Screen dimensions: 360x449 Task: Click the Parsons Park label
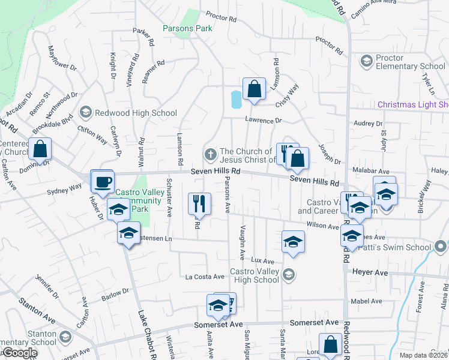coord(187,28)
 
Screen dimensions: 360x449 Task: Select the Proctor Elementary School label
coord(411,62)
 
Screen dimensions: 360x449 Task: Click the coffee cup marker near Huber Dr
coord(103,182)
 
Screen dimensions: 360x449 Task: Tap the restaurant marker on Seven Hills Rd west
coord(199,204)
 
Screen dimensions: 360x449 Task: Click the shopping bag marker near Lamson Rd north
coord(254,89)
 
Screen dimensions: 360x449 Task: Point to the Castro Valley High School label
coord(255,276)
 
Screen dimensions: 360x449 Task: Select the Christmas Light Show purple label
coord(413,105)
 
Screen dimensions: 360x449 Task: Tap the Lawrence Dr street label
coord(263,121)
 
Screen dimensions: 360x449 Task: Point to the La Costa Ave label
coord(204,277)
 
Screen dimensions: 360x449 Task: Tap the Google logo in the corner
coord(19,353)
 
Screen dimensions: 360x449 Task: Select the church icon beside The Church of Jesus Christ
coord(211,155)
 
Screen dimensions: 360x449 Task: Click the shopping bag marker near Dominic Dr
coord(40,149)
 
